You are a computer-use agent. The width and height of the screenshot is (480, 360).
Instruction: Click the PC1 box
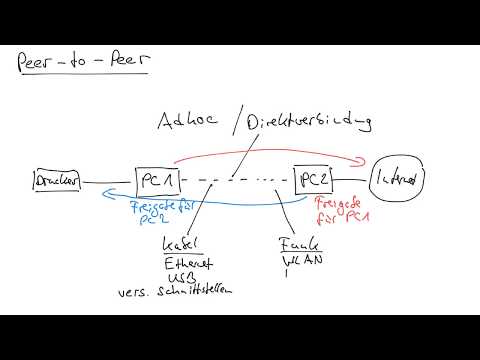click(x=157, y=181)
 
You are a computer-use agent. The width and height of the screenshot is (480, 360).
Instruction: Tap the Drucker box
click(x=56, y=182)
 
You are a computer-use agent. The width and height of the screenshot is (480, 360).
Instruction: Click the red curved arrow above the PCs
click(x=270, y=156)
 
